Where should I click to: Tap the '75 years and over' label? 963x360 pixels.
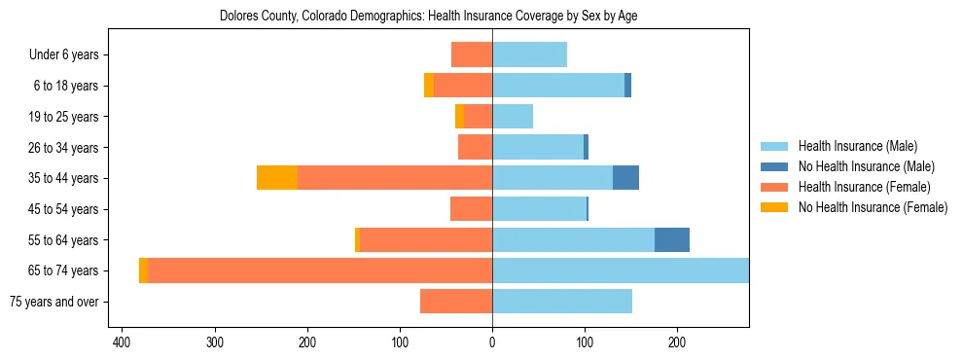click(x=54, y=302)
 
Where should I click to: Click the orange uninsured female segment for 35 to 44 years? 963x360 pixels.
click(x=277, y=178)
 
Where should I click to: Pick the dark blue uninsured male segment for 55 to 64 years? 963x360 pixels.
click(x=672, y=239)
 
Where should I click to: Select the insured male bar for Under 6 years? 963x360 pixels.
click(x=529, y=54)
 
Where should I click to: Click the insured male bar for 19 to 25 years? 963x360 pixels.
click(x=513, y=117)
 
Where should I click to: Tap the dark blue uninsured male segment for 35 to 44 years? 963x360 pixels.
click(x=625, y=178)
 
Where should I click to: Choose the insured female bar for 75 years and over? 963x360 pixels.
click(x=456, y=302)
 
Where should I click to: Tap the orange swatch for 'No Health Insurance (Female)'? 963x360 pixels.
click(x=774, y=207)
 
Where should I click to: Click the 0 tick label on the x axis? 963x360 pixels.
click(x=492, y=342)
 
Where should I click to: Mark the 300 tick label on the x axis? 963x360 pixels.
click(x=215, y=342)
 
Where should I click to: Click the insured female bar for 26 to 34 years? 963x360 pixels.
click(x=475, y=147)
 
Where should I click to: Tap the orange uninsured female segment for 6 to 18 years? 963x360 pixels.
click(x=429, y=86)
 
